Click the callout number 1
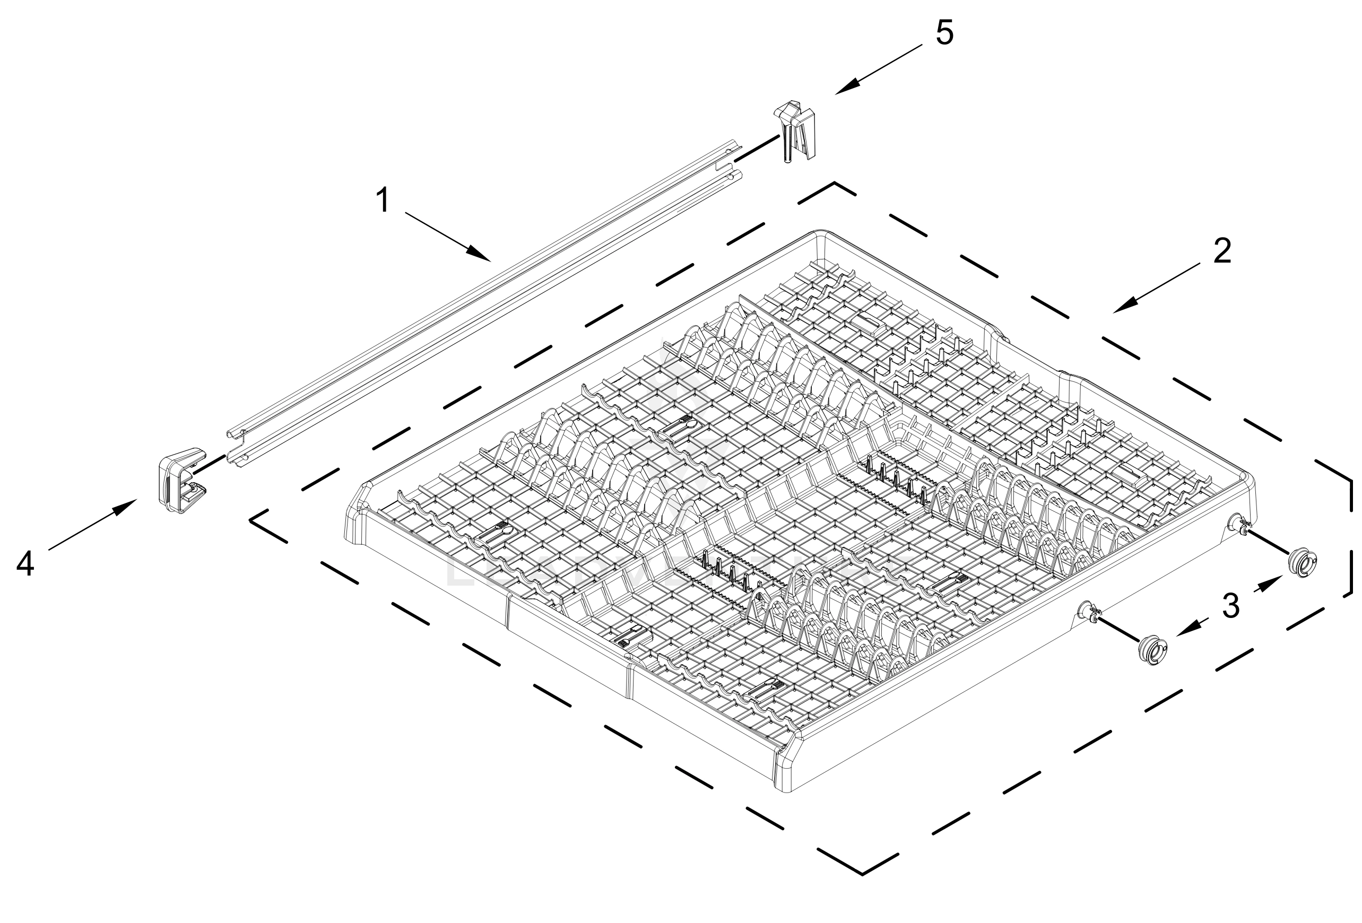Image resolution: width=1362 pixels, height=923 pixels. [383, 201]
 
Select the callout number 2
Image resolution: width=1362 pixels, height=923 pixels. [1222, 251]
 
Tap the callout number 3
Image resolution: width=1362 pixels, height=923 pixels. [1231, 606]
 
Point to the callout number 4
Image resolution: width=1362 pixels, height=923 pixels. [25, 564]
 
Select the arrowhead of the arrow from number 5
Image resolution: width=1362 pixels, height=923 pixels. [839, 93]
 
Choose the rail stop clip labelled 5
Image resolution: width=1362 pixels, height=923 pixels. [795, 129]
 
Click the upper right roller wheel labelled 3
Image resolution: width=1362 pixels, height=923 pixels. [1302, 564]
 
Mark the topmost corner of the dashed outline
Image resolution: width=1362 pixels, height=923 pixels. [835, 184]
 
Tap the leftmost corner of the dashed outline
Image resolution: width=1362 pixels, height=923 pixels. [252, 519]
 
